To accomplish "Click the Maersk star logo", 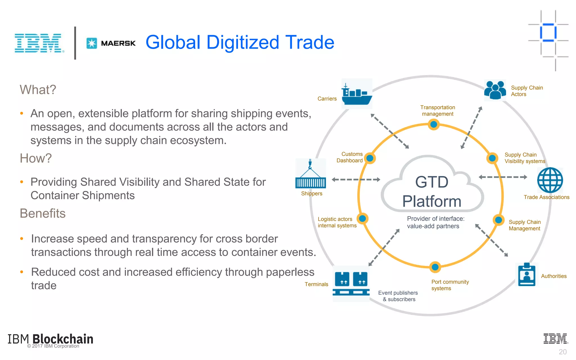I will (x=92, y=43).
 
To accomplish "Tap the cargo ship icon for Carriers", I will (x=357, y=94).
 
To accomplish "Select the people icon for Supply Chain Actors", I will (x=495, y=90).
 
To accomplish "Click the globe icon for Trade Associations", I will (x=550, y=180).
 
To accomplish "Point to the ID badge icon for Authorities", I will (x=526, y=274).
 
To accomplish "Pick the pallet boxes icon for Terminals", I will (x=351, y=283).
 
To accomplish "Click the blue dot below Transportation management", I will (x=434, y=124).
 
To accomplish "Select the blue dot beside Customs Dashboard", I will (x=370, y=158).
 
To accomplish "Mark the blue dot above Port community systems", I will (x=435, y=267).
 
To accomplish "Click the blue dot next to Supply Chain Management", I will (x=498, y=220).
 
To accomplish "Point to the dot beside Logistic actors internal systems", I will (x=363, y=219).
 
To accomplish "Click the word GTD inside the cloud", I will (x=432, y=182).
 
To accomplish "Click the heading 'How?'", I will (x=36, y=158).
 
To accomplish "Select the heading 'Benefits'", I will (x=42, y=213).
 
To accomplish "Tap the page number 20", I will (x=562, y=352).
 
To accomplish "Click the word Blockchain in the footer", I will (x=63, y=339).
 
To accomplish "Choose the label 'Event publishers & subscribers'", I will (x=398, y=296).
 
